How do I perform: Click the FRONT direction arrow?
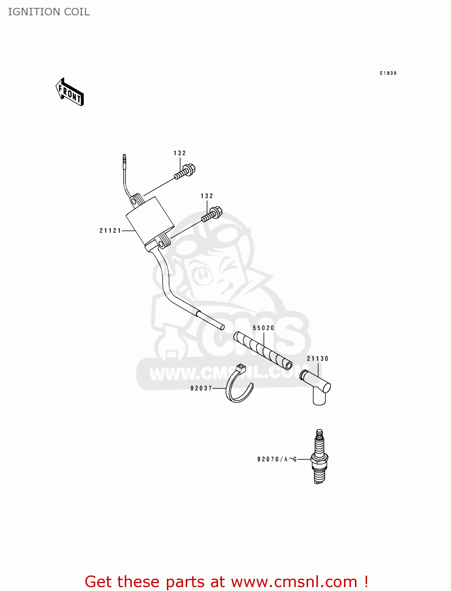[x=70, y=92]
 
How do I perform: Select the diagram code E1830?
[x=388, y=73]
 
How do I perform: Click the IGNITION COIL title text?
[x=49, y=12]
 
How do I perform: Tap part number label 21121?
[x=110, y=231]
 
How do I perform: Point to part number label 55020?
[x=263, y=328]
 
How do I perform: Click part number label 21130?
[x=318, y=359]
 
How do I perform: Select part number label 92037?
[x=201, y=388]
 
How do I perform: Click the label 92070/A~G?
[x=277, y=459]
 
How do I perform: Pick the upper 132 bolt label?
[x=180, y=153]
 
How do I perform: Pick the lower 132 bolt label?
[x=207, y=196]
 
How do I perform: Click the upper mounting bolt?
[x=185, y=171]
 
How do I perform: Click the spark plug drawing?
[x=320, y=457]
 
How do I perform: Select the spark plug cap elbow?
[x=317, y=386]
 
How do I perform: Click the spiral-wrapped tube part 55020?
[x=263, y=350]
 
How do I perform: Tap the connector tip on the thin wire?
[x=124, y=160]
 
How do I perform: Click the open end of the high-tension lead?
[x=222, y=327]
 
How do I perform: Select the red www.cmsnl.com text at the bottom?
[x=294, y=582]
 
